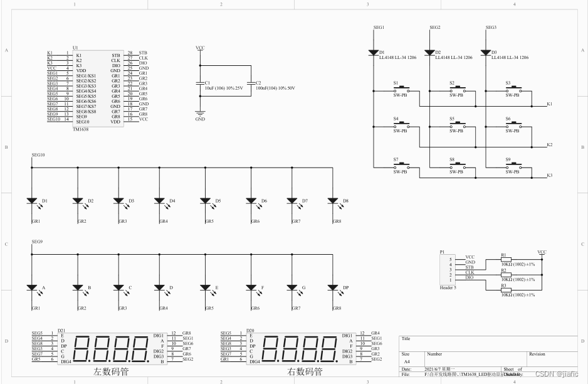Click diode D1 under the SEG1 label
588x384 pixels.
coord(374,52)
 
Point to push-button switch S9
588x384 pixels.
coord(513,166)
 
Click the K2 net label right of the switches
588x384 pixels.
coord(549,145)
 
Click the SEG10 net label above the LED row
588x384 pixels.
coord(38,154)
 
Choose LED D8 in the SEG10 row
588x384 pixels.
coord(333,201)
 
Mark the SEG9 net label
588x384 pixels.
coord(37,242)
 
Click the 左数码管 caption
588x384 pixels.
coord(111,371)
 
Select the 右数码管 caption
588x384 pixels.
coord(305,371)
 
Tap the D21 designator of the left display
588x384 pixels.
coord(61,330)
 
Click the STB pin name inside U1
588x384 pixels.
coord(115,55)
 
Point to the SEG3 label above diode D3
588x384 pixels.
coord(491,28)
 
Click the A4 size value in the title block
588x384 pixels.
coord(406,362)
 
